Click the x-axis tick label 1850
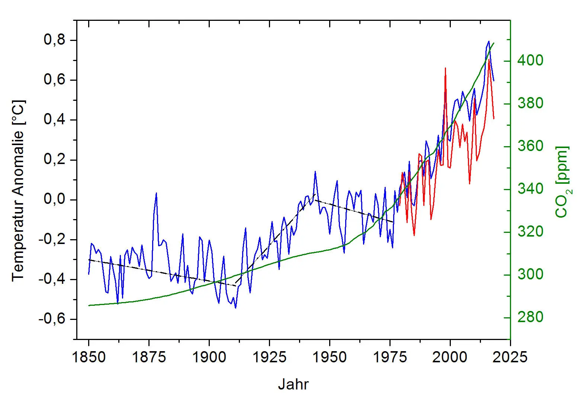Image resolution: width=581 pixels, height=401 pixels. (x=89, y=357)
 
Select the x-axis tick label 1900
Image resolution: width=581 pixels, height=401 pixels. (x=209, y=357)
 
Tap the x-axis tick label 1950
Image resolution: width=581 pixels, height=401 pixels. (x=330, y=357)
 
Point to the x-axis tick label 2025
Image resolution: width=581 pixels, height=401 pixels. (x=510, y=357)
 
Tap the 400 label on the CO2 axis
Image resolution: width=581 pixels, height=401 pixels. (x=530, y=60)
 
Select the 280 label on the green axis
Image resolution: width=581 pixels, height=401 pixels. (x=530, y=317)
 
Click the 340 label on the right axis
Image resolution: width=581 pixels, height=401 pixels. (x=530, y=189)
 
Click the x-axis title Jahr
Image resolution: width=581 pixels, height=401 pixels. (x=293, y=385)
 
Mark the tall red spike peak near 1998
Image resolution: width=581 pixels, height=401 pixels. (x=445, y=68)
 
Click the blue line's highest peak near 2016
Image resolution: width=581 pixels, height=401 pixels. (x=489, y=41)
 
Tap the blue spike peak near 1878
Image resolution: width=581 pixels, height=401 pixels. (x=156, y=193)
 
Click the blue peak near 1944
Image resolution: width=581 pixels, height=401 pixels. (x=315, y=171)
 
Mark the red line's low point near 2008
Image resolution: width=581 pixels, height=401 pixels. (x=469, y=183)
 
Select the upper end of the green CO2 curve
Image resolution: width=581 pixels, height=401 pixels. (x=494, y=43)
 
